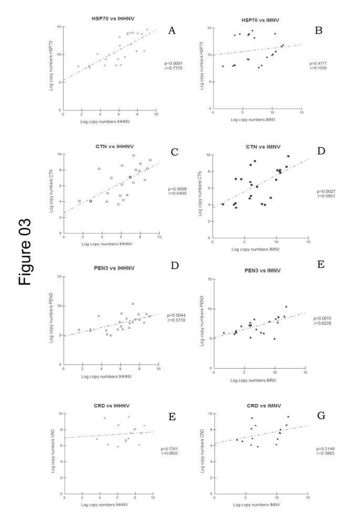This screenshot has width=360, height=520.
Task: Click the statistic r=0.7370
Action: click(174, 68)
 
